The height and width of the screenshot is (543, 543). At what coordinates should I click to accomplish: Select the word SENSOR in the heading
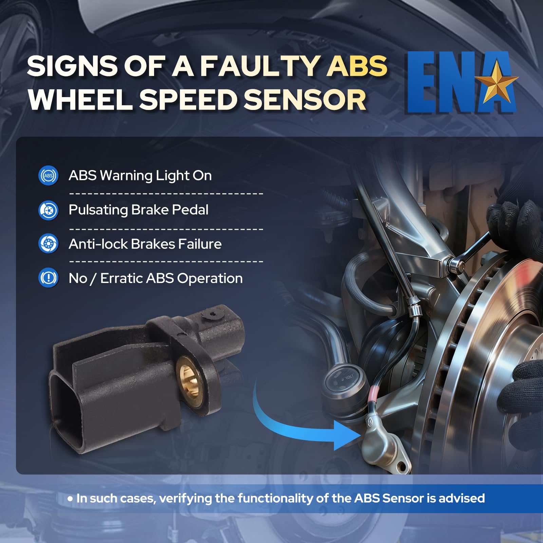click(x=305, y=100)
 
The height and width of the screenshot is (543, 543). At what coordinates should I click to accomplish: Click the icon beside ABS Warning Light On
click(x=49, y=176)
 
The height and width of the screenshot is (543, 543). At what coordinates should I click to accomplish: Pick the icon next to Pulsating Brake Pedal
click(x=49, y=210)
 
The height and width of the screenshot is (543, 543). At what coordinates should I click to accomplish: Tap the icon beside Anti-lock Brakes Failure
click(x=49, y=244)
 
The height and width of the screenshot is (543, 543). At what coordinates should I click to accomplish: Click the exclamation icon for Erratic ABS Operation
click(x=49, y=278)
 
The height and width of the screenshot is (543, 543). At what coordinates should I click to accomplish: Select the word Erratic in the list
click(x=121, y=278)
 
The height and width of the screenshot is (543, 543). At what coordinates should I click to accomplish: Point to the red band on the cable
click(x=375, y=392)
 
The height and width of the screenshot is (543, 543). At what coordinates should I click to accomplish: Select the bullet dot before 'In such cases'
click(x=70, y=499)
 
